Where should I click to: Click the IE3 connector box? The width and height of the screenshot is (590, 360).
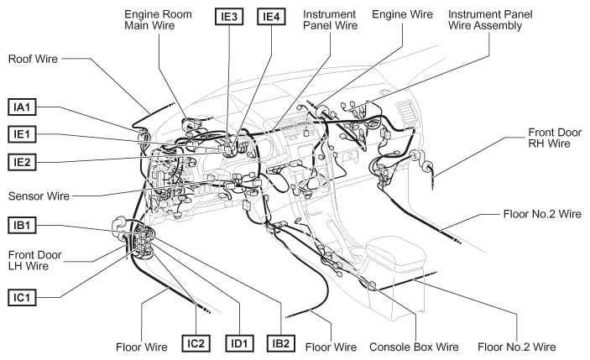(229, 17)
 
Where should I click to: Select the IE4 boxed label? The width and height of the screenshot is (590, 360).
(271, 17)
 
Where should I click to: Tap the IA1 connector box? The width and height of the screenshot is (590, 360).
(22, 107)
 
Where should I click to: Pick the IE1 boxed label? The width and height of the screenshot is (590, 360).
(22, 134)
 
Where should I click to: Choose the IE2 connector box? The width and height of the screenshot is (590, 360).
(22, 162)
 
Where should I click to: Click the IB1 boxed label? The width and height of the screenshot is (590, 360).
(22, 225)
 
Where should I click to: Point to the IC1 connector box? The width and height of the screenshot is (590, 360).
(22, 297)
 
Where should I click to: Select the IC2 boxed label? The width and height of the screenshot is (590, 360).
(196, 343)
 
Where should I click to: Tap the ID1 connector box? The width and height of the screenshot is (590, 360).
(239, 343)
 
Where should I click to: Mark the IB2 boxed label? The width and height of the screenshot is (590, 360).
(281, 343)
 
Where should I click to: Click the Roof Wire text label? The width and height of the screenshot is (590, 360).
(33, 59)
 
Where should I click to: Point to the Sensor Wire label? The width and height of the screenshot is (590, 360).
(39, 196)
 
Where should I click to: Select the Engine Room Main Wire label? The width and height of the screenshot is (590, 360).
(158, 20)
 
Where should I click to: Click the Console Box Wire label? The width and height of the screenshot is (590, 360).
(414, 347)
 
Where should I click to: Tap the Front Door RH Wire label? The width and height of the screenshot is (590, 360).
(555, 138)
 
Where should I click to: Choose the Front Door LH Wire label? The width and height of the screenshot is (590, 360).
(34, 260)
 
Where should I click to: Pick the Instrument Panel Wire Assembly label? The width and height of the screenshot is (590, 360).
(490, 20)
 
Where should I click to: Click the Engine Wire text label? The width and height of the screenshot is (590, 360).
(402, 14)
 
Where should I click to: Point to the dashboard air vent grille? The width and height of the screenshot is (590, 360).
(407, 112)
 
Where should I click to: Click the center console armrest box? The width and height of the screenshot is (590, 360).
(396, 253)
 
